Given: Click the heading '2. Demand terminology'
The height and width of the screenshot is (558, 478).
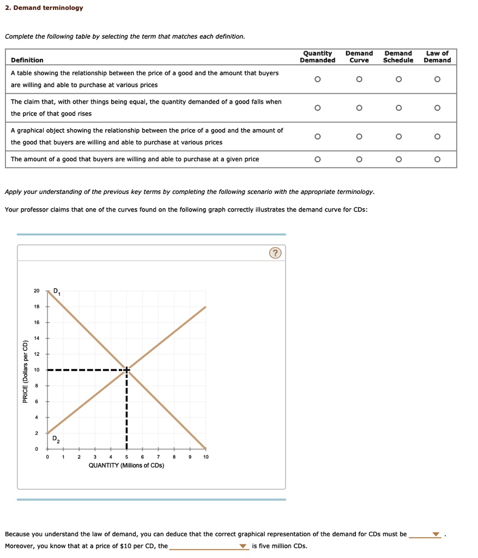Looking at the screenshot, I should click(44, 8).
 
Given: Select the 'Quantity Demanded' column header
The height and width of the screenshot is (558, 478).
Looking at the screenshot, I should click(318, 57).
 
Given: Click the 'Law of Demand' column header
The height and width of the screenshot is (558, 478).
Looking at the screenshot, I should click(437, 57).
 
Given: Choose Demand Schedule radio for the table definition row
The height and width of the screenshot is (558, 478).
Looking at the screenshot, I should click(398, 80).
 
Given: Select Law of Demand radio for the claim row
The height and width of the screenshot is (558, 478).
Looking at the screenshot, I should click(437, 108).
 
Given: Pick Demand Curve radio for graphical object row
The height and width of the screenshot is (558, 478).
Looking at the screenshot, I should click(359, 136).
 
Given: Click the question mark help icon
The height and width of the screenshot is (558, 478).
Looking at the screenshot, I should click(275, 253).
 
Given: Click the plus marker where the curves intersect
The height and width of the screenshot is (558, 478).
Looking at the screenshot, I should click(126, 370).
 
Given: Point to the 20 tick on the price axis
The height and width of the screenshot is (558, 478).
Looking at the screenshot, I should click(37, 291).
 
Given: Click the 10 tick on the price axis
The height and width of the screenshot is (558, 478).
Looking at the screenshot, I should click(37, 370).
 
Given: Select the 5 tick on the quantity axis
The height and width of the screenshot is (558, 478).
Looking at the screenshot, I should click(126, 457).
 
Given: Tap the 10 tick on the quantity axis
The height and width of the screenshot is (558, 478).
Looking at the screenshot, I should click(205, 457).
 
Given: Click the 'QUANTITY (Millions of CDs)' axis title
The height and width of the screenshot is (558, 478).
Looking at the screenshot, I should click(126, 465).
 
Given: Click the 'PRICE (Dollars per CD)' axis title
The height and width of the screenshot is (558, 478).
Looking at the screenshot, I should click(25, 372).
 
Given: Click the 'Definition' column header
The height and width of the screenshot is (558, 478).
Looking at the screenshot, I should click(27, 60).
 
